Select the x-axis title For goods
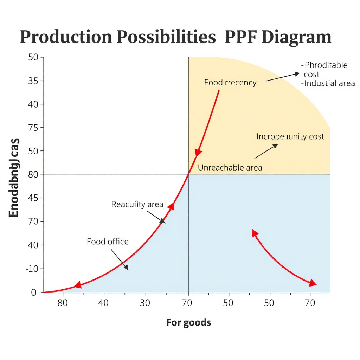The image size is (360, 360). tap(188, 322)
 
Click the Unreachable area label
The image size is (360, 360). tap(230, 168)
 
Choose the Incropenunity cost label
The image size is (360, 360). tap(290, 136)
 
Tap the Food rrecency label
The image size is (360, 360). tap(230, 83)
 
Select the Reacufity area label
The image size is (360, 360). tap(137, 204)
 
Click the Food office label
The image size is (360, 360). tap(108, 242)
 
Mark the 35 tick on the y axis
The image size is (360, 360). tap(36, 81)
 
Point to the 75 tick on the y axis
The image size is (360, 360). tap(36, 128)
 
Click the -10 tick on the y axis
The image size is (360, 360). tap(34, 269)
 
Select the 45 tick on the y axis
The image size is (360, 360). tap(36, 198)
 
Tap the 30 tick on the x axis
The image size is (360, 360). tap(145, 303)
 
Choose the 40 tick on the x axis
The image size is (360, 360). tap(103, 303)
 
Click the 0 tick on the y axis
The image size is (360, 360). tap(34, 292)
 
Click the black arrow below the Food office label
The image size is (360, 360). tap(120, 259)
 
